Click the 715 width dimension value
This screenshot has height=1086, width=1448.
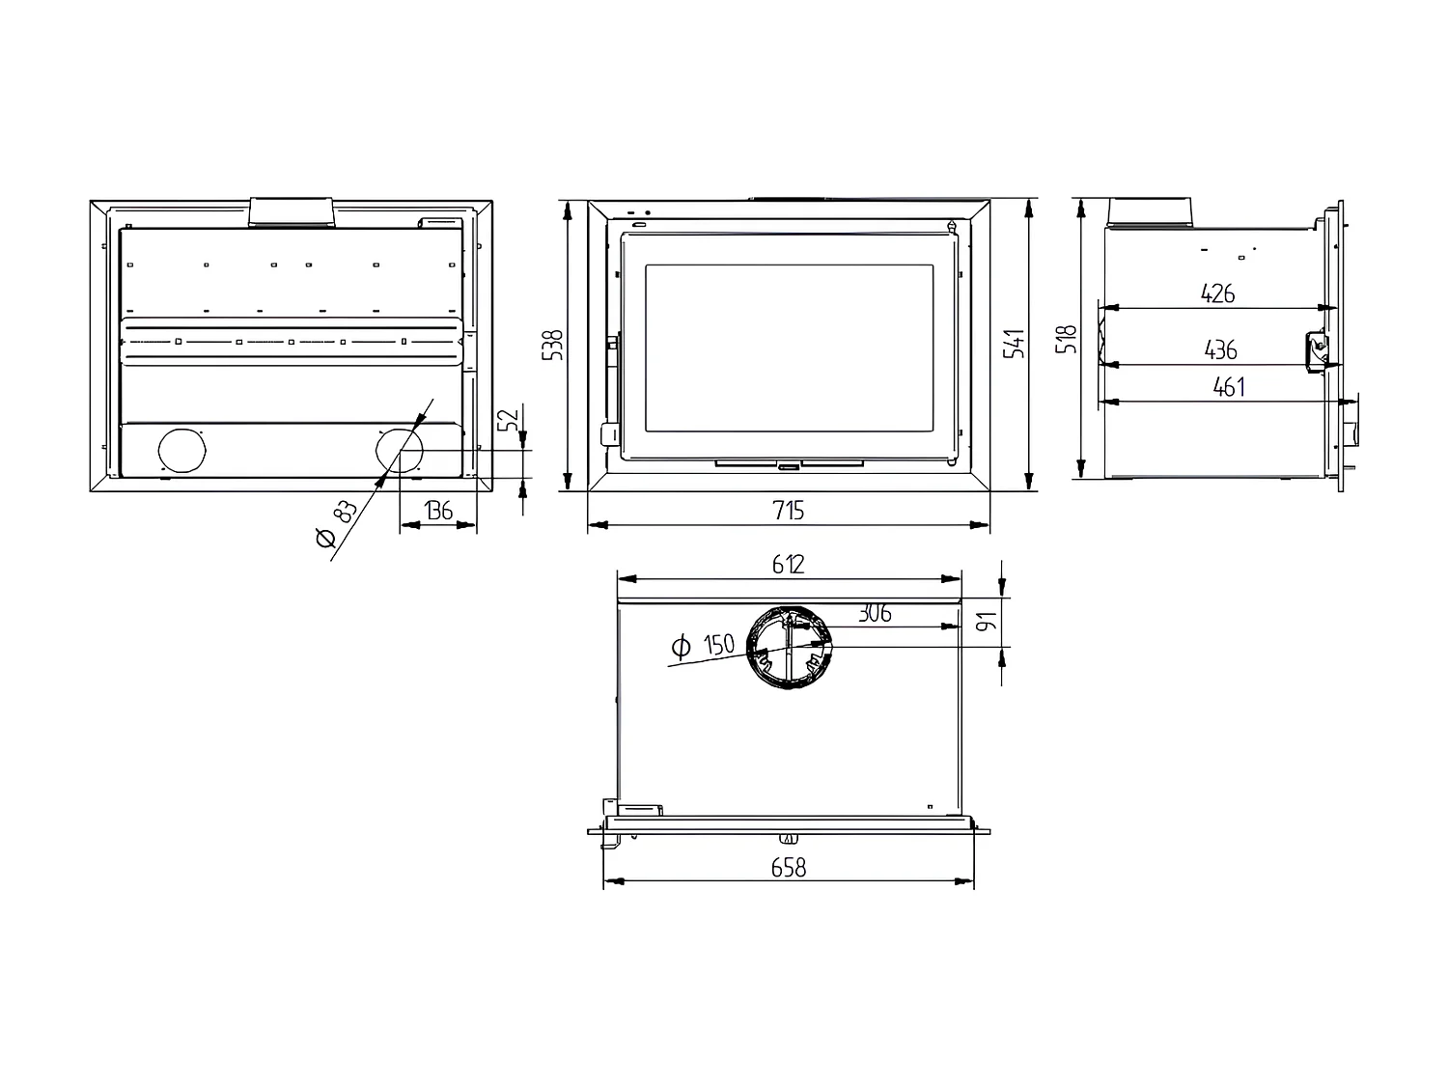click(x=789, y=511)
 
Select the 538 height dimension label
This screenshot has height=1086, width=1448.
click(x=553, y=345)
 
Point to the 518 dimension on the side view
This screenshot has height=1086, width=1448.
click(x=1067, y=339)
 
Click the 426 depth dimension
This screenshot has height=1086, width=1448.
click(x=1218, y=293)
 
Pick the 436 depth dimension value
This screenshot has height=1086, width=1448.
click(x=1221, y=349)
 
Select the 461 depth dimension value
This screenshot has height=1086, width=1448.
click(x=1229, y=388)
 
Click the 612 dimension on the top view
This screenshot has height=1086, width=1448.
click(x=789, y=565)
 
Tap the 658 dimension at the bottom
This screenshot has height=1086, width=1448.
click(x=789, y=868)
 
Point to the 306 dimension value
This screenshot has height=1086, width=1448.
click(x=874, y=613)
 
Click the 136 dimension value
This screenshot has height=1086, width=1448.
click(x=438, y=511)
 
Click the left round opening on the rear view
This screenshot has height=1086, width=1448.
click(x=181, y=451)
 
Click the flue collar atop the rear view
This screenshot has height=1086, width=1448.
click(x=292, y=211)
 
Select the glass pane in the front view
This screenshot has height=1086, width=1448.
click(x=789, y=348)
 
